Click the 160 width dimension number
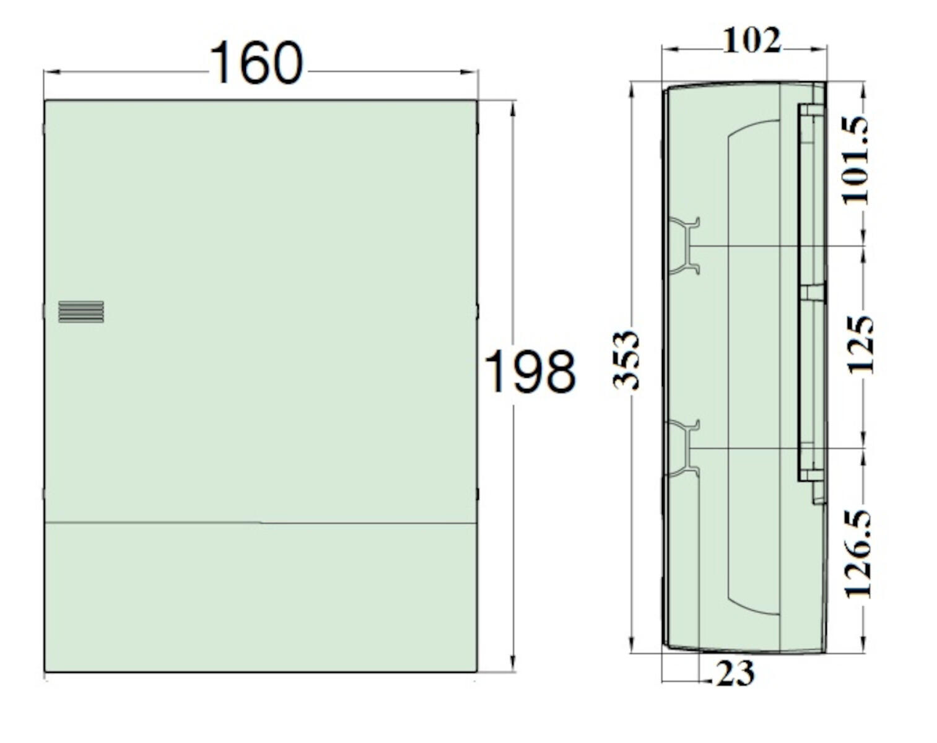coord(256,63)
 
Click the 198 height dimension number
coord(530,371)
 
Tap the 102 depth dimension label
coord(752,42)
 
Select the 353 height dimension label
coord(626,360)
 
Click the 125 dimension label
coord(860,344)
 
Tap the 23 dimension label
coord(735,674)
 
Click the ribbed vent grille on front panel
coord(81,312)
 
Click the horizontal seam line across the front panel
coord(260,523)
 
